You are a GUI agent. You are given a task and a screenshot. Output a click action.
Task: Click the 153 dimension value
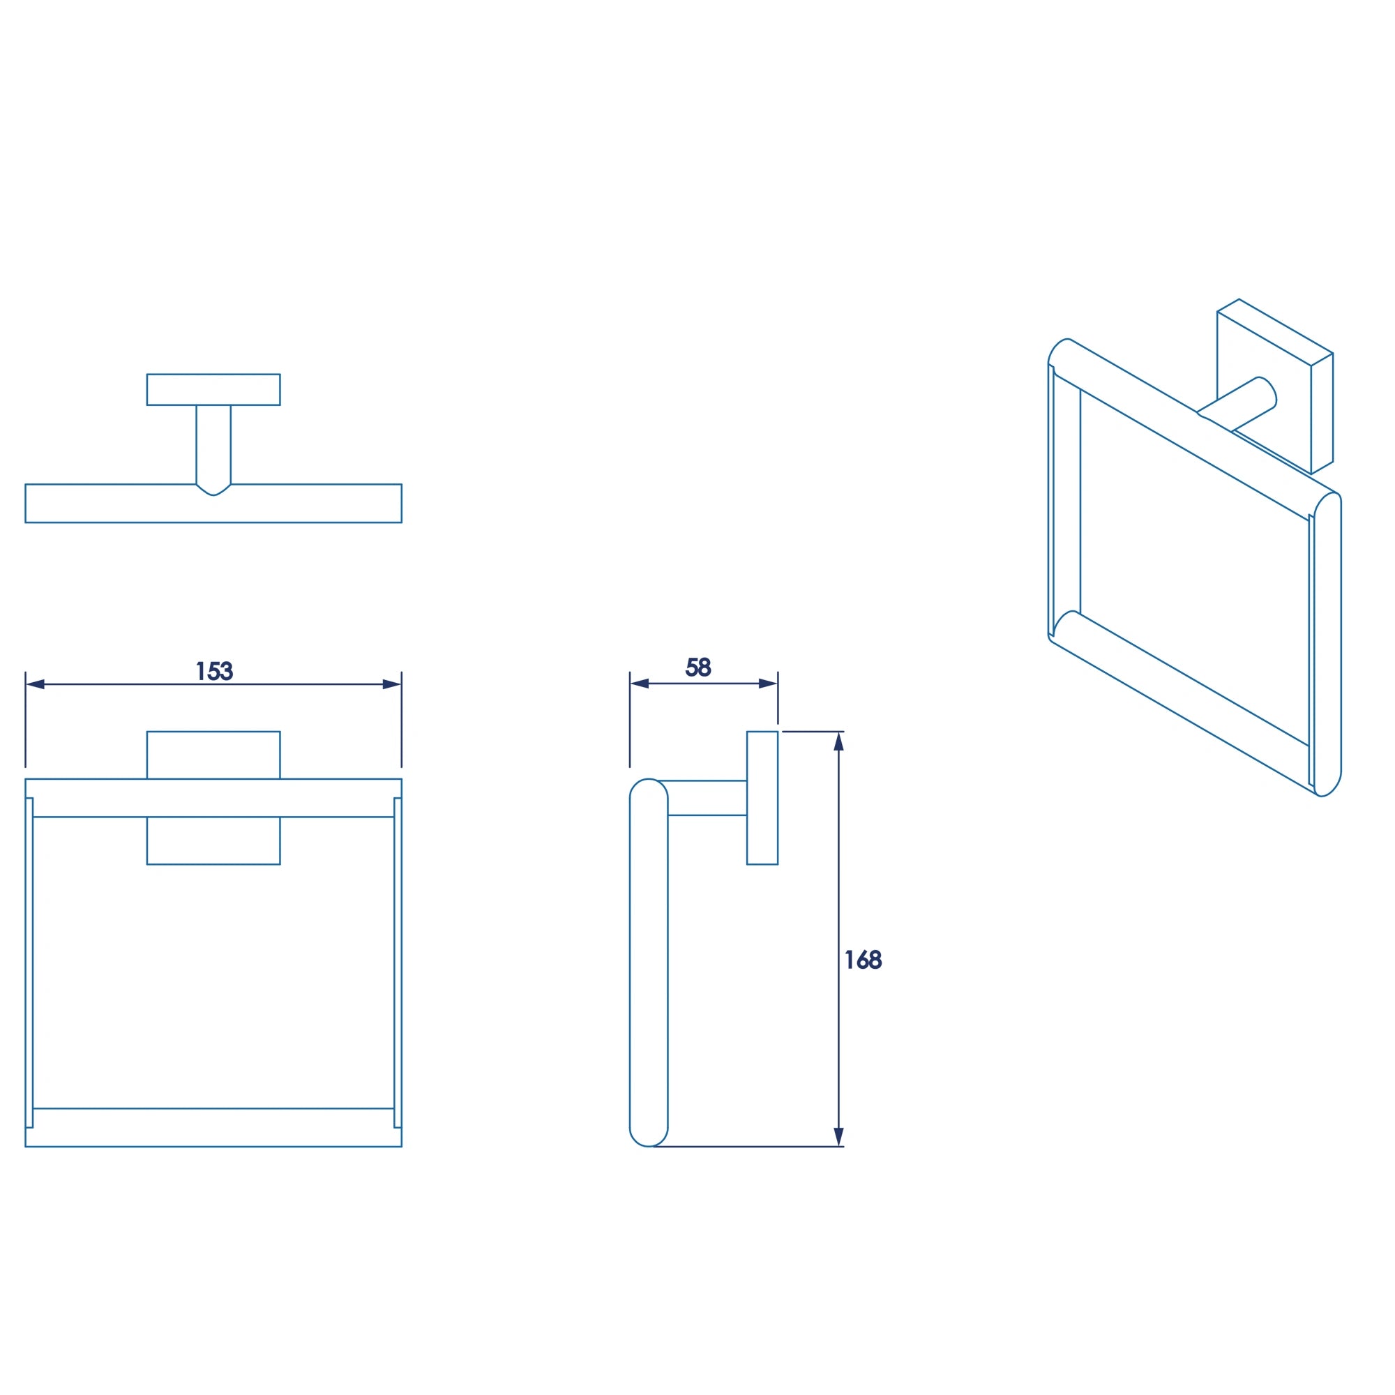[214, 670]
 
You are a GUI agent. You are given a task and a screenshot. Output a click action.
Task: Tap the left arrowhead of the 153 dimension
[36, 684]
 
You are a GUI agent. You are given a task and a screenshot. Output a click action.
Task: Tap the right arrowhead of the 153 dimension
[391, 684]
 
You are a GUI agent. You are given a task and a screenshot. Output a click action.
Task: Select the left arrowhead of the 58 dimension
[640, 683]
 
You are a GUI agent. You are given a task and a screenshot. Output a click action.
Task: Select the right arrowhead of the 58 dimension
[767, 683]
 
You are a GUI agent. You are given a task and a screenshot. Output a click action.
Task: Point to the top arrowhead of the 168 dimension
[838, 741]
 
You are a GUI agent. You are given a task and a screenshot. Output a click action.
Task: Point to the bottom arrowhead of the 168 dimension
[838, 1136]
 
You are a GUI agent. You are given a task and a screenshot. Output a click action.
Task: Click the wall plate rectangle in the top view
[213, 389]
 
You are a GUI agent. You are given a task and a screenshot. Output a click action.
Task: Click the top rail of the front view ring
[213, 798]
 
